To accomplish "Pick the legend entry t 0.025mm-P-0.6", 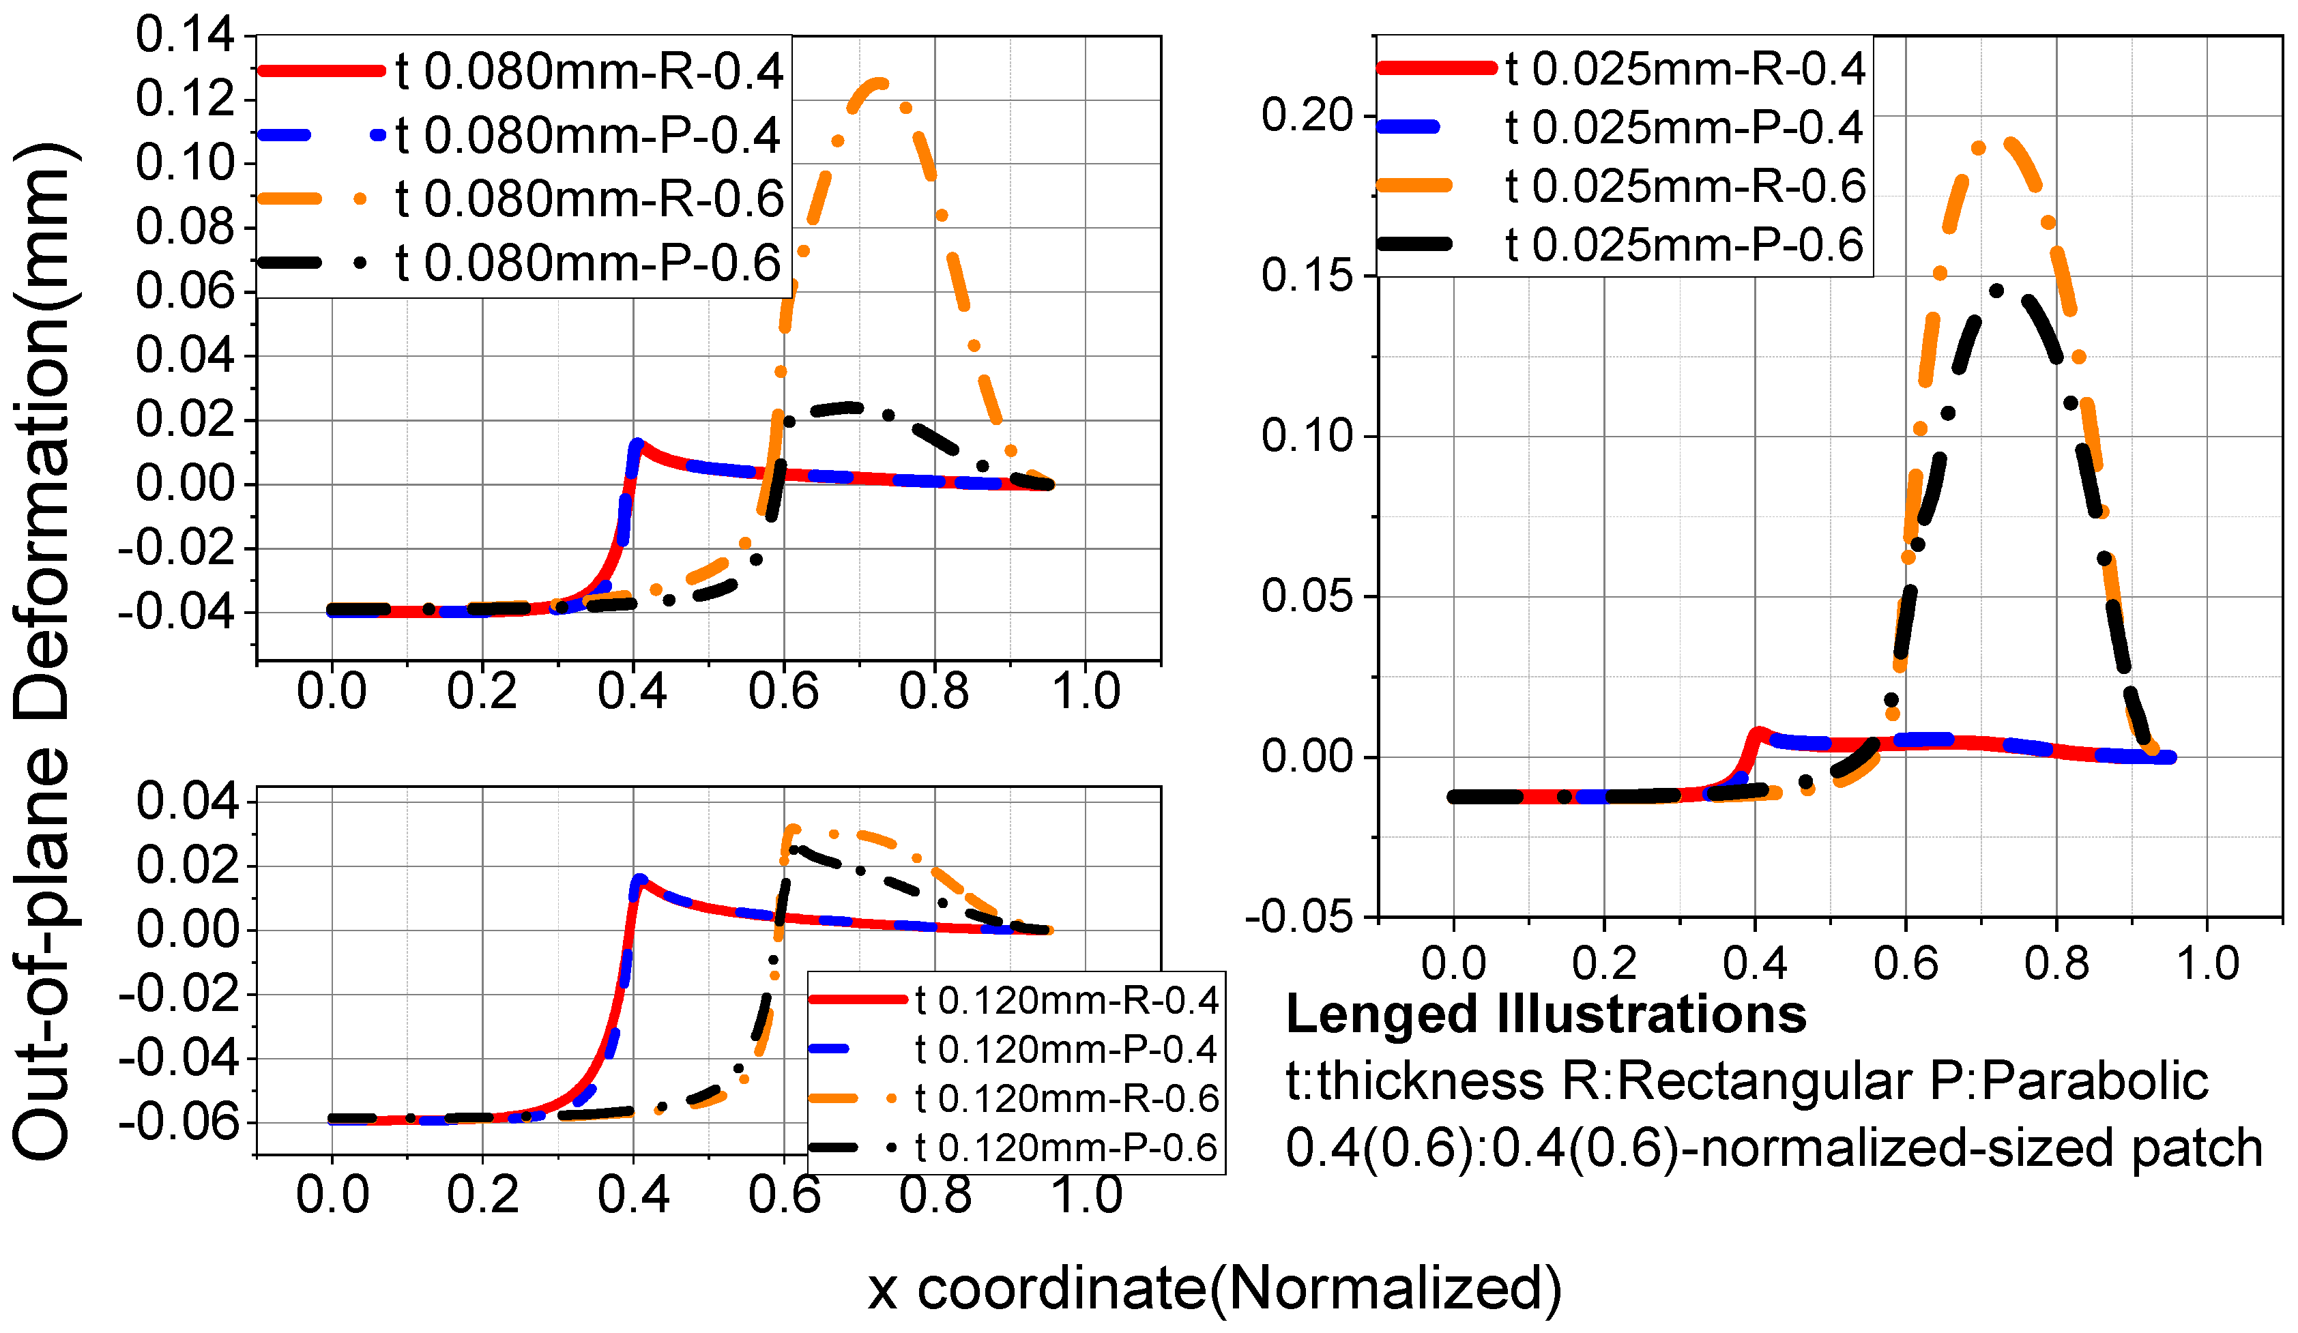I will click(1683, 244).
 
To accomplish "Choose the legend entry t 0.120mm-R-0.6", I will click(1066, 1099).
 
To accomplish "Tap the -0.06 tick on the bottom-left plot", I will click(179, 1122).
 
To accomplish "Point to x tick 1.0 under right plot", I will click(2207, 964).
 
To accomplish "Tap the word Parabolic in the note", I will click(2094, 1081).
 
